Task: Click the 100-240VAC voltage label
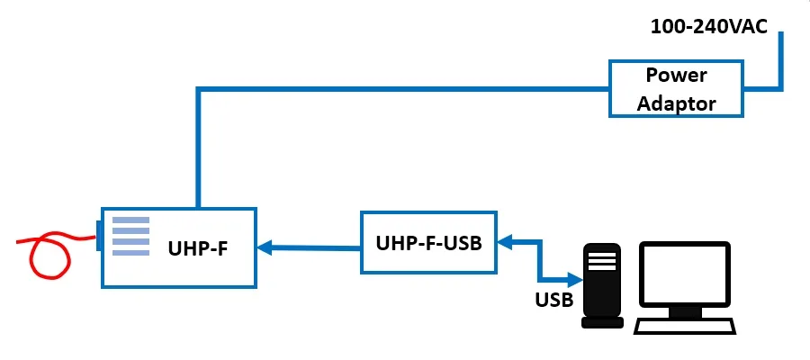[710, 26]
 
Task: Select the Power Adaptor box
[677, 88]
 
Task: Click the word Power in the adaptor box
[677, 76]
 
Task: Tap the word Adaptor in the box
[677, 103]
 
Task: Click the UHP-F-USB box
[428, 242]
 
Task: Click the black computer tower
[602, 283]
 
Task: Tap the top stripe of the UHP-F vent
[130, 219]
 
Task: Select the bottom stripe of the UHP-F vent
[130, 253]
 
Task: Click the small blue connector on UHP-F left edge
[98, 236]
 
